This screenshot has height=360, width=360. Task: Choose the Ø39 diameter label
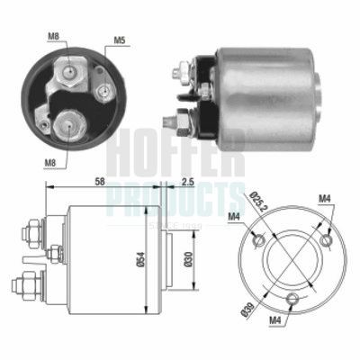coord(248,310)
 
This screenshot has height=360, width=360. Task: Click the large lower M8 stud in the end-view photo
coord(68,124)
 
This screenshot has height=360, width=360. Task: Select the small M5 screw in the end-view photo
coord(101,90)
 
